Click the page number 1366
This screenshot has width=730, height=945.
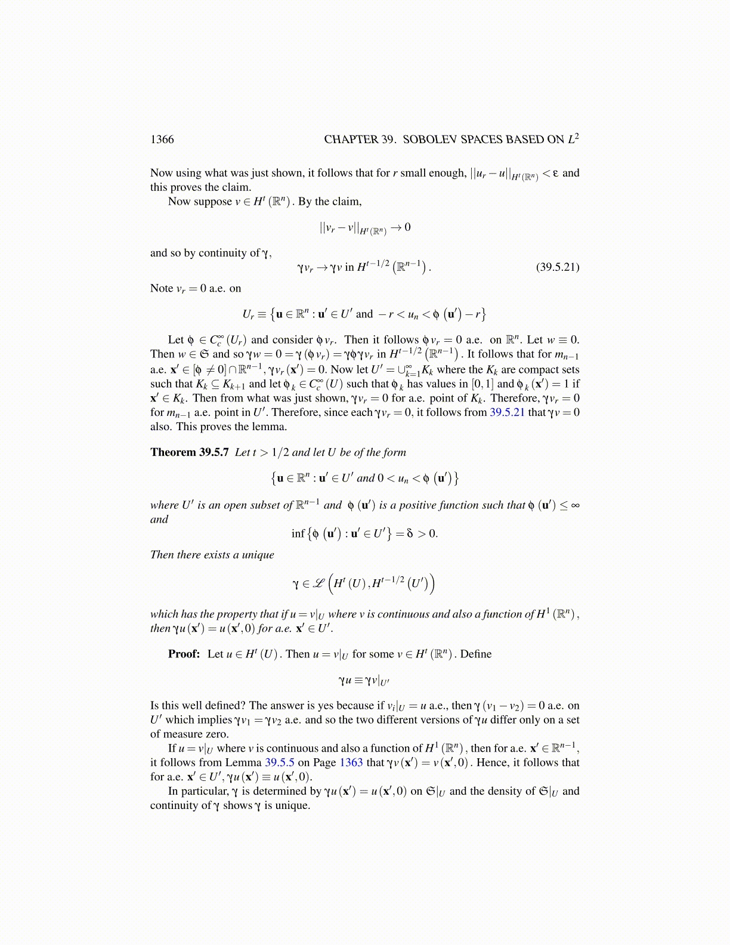[162, 140]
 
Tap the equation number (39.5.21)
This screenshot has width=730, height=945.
[558, 267]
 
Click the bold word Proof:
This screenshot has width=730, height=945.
[184, 654]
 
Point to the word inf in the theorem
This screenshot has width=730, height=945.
[298, 533]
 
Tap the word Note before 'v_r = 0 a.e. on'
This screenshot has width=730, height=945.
[162, 288]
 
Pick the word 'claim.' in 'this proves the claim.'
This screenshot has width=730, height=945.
[236, 187]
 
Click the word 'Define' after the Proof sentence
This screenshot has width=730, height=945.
[476, 654]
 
